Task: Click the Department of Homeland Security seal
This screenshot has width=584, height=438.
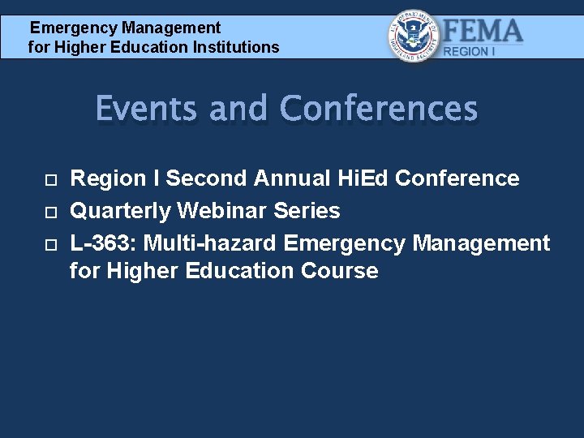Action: tap(414, 36)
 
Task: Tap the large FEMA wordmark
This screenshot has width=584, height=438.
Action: tap(483, 32)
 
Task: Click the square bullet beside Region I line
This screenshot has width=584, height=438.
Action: tap(50, 179)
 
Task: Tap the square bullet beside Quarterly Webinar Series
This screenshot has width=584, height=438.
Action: tap(50, 212)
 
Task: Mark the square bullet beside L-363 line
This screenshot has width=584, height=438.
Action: tap(50, 244)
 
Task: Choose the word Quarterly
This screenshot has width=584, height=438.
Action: tap(121, 211)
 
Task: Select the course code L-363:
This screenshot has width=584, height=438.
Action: tap(104, 243)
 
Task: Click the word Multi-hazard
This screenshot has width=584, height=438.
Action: tap(212, 243)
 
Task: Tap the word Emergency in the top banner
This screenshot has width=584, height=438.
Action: tap(69, 28)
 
